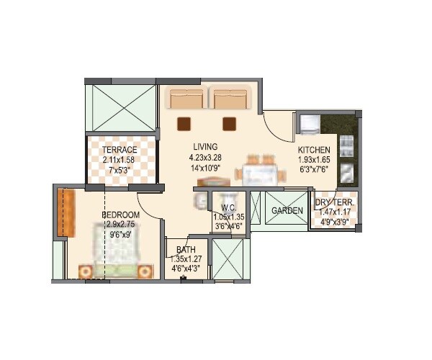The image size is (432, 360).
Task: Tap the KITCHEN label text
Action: coord(315,150)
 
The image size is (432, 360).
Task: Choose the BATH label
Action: coord(185,250)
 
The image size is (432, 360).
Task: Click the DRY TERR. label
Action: coord(333,203)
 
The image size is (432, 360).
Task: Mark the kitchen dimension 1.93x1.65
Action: coord(315,161)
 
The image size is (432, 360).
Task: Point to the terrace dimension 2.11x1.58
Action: coord(120,161)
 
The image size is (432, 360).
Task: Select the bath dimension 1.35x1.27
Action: coord(186,260)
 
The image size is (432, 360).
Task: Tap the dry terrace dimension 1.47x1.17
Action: coord(333,213)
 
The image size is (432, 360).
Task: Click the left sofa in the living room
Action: coord(186,99)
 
